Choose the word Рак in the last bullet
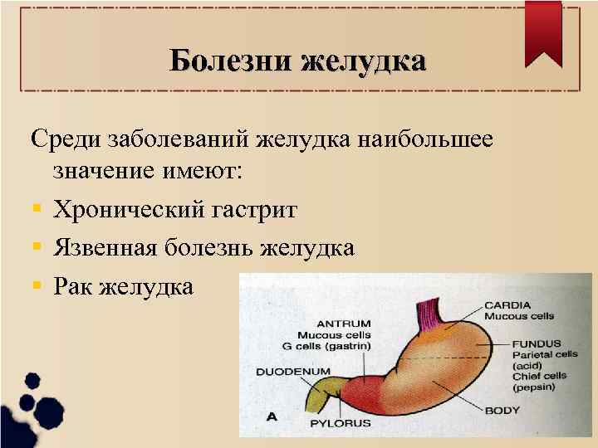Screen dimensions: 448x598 tap(72, 287)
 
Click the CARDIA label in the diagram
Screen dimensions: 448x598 tap(507, 305)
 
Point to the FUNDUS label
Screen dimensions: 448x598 tap(536, 343)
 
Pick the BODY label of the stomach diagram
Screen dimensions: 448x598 tap(503, 410)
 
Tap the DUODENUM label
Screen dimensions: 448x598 tap(293, 371)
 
